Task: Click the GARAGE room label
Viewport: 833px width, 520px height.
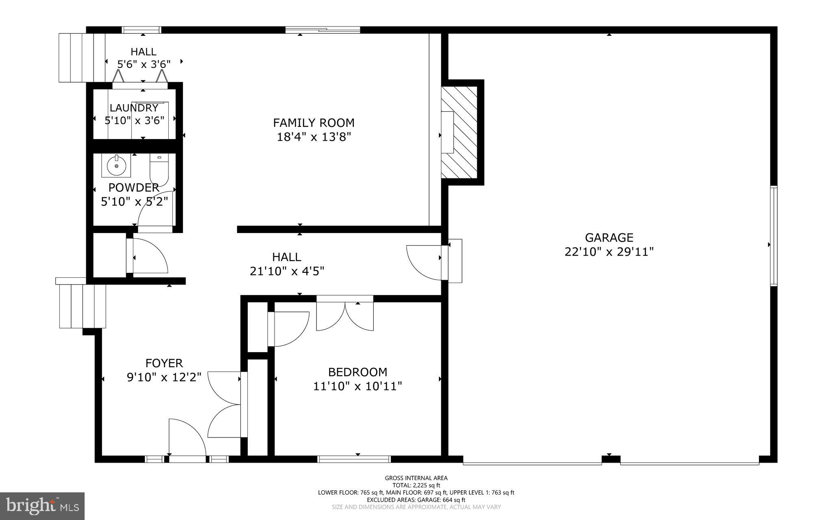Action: point(609,237)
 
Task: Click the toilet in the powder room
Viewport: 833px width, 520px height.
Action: point(159,169)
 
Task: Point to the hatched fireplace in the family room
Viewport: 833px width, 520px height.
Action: point(460,132)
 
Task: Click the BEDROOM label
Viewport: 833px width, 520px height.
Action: point(358,372)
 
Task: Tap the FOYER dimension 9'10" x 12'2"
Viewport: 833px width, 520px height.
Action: point(164,377)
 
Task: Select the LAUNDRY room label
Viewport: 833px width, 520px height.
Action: point(134,108)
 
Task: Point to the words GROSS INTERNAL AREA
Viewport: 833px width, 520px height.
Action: point(416,478)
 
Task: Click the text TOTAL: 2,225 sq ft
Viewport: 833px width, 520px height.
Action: point(416,485)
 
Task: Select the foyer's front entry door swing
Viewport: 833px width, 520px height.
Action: point(186,437)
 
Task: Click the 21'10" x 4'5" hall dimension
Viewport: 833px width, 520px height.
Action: point(287,271)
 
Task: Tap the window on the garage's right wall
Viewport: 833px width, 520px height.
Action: point(774,236)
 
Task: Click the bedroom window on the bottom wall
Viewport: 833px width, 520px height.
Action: point(354,459)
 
